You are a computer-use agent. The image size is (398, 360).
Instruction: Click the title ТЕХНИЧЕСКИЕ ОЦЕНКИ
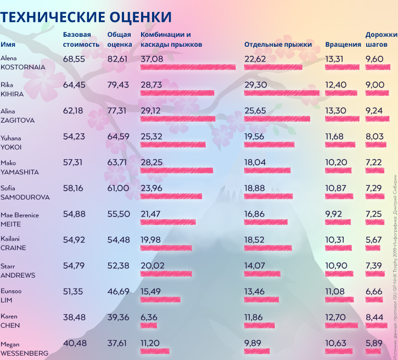point(86,17)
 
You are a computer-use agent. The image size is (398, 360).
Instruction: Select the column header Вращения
point(343,44)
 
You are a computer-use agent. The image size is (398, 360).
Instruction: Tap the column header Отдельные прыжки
point(278,44)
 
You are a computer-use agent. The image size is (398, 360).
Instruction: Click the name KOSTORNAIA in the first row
point(23,67)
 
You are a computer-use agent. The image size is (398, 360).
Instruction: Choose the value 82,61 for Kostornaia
point(118,58)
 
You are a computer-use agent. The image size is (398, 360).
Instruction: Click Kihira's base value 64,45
point(74,85)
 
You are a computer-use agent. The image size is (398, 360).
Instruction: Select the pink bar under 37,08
point(188,67)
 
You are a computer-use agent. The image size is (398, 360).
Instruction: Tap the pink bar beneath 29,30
point(282,93)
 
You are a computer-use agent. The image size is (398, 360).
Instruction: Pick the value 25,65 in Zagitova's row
point(255,110)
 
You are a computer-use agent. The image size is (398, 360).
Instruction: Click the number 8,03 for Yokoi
point(374,136)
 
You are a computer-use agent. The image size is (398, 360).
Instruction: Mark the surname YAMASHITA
point(20,171)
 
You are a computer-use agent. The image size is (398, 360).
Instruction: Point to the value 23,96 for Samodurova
point(152,188)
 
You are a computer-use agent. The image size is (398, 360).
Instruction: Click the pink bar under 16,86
point(266,222)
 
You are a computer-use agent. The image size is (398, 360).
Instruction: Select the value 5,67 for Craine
point(374,240)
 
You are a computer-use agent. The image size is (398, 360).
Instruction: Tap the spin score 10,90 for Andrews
point(336,265)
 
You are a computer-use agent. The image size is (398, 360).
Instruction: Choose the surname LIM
point(7,300)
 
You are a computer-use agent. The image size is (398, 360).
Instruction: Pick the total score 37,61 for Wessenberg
point(118,343)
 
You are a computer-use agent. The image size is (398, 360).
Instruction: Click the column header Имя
point(8,44)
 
